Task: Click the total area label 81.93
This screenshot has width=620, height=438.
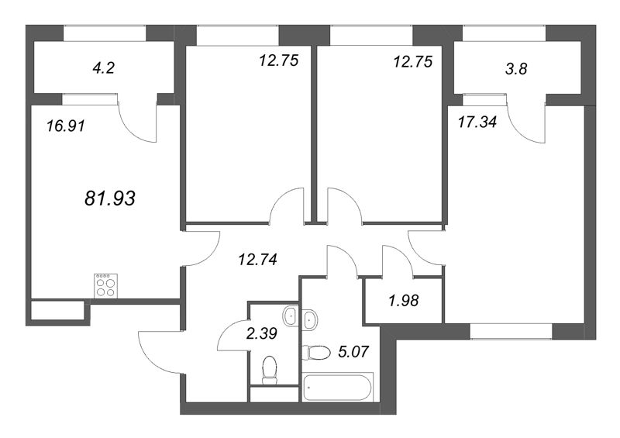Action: pyautogui.click(x=110, y=198)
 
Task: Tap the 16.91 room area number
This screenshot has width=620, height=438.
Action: pyautogui.click(x=66, y=126)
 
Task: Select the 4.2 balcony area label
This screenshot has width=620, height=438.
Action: pyautogui.click(x=103, y=68)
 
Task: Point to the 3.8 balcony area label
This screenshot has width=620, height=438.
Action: pyautogui.click(x=516, y=69)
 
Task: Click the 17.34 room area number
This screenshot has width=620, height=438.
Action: pyautogui.click(x=477, y=122)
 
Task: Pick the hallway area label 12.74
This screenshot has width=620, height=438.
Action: pyautogui.click(x=257, y=260)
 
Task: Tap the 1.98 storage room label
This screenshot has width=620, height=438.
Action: pyautogui.click(x=403, y=301)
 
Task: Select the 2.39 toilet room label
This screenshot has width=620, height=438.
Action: pyautogui.click(x=261, y=333)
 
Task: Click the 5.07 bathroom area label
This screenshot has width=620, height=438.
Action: pyautogui.click(x=353, y=351)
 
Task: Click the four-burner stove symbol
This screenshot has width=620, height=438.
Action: pyautogui.click(x=105, y=286)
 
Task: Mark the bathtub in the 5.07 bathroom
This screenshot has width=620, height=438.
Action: pyautogui.click(x=338, y=388)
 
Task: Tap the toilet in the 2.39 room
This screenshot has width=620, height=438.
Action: pyautogui.click(x=270, y=370)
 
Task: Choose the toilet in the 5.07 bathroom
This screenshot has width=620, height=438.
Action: pyautogui.click(x=316, y=352)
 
